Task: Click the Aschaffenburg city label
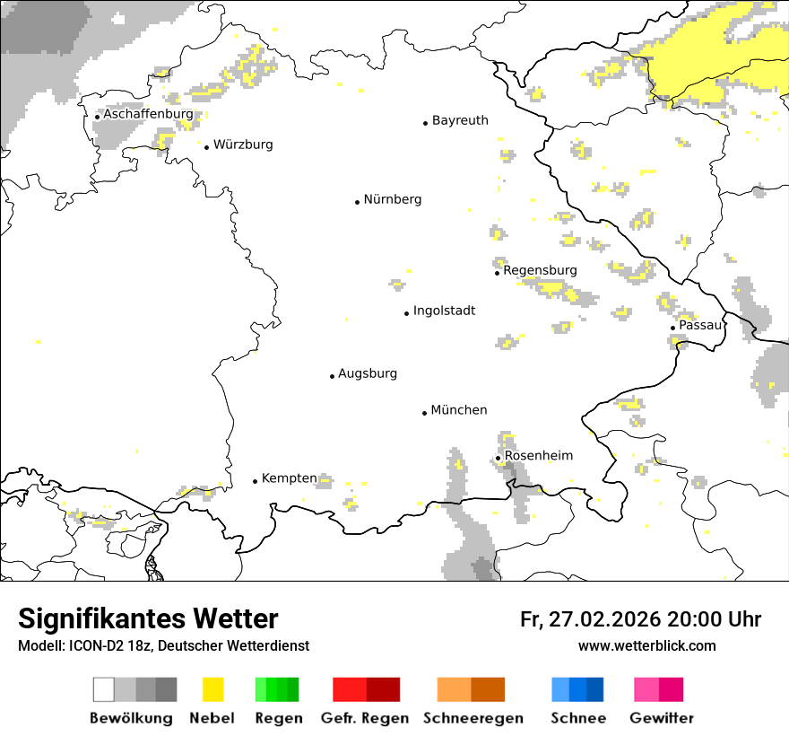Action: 148,115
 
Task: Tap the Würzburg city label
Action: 243,145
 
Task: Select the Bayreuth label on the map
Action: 460,120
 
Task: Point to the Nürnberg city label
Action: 392,199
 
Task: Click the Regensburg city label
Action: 540,270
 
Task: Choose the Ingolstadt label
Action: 444,311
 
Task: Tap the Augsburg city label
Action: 368,373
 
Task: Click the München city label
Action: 459,410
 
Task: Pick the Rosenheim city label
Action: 538,456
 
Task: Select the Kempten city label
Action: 289,478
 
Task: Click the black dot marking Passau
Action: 672,328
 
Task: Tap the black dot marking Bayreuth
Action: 426,123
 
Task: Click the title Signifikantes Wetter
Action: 148,618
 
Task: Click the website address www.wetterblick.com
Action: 646,645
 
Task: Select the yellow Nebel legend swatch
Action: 213,689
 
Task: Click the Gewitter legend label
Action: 662,718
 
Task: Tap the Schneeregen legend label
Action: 473,718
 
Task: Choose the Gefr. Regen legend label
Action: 365,718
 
